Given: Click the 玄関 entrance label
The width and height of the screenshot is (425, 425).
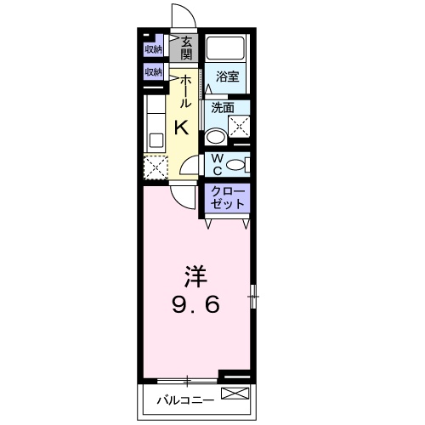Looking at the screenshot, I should click(x=186, y=48).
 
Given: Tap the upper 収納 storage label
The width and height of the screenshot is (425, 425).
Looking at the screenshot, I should click(x=153, y=48).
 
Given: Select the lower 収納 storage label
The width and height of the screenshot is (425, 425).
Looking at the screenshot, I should click(x=153, y=72).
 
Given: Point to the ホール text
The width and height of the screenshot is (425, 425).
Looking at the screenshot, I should click(x=184, y=90).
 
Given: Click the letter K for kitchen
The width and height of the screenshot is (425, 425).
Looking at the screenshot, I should click(x=181, y=127).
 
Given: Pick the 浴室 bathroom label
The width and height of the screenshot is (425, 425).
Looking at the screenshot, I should click(x=226, y=76).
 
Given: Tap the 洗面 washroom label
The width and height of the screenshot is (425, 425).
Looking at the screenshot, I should click(x=224, y=108).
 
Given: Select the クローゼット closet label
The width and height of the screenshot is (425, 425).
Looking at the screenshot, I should click(x=227, y=197).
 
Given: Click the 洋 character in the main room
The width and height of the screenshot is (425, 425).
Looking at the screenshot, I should click(x=196, y=276).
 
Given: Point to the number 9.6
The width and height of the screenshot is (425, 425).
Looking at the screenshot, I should click(x=196, y=304).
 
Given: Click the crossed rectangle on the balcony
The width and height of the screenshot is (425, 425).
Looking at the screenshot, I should click(x=235, y=394).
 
